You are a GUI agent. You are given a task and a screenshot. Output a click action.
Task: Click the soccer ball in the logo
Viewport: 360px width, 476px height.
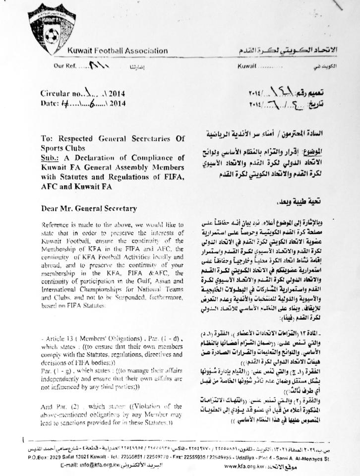pos(52,35)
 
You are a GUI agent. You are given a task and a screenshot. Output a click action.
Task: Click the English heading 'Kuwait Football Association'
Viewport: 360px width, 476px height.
pos(118,51)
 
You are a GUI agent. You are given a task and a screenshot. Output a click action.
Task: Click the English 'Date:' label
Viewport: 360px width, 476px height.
pos(51,103)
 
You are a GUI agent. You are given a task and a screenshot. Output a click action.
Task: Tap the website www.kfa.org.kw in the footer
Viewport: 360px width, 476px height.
pos(244,466)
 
